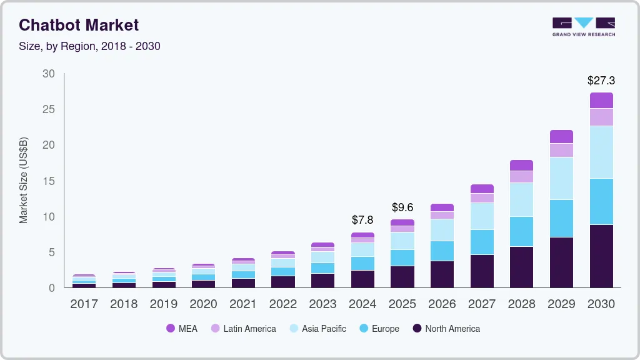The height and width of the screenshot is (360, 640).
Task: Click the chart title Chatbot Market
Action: pyautogui.click(x=79, y=25)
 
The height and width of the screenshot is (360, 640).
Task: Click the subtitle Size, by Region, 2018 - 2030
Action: pyautogui.click(x=89, y=46)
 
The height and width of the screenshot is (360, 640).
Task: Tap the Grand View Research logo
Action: pyautogui.click(x=583, y=26)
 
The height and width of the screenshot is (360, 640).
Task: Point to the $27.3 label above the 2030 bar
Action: pyautogui.click(x=601, y=81)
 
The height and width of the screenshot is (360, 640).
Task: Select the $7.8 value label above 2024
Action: pyautogui.click(x=362, y=220)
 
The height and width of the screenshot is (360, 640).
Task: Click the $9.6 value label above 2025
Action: pyautogui.click(x=402, y=207)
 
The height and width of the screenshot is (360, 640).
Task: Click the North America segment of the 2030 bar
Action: pyautogui.click(x=601, y=256)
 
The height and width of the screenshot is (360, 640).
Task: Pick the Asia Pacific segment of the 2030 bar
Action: pyautogui.click(x=601, y=152)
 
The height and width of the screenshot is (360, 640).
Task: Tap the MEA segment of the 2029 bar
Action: pyautogui.click(x=561, y=136)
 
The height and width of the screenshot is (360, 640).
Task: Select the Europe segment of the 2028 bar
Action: pyautogui.click(x=521, y=231)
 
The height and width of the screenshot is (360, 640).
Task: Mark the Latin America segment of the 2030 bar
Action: pyautogui.click(x=601, y=117)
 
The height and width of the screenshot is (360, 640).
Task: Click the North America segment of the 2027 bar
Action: pyautogui.click(x=482, y=271)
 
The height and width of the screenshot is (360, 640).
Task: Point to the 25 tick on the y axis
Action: pyautogui.click(x=49, y=109)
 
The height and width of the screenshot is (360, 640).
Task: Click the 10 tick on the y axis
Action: pyautogui.click(x=49, y=217)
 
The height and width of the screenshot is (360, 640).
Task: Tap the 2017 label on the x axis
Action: pyautogui.click(x=84, y=304)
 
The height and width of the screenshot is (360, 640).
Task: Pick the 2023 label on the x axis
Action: pyautogui.click(x=322, y=304)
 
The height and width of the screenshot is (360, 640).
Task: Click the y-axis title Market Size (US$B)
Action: pyautogui.click(x=23, y=180)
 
